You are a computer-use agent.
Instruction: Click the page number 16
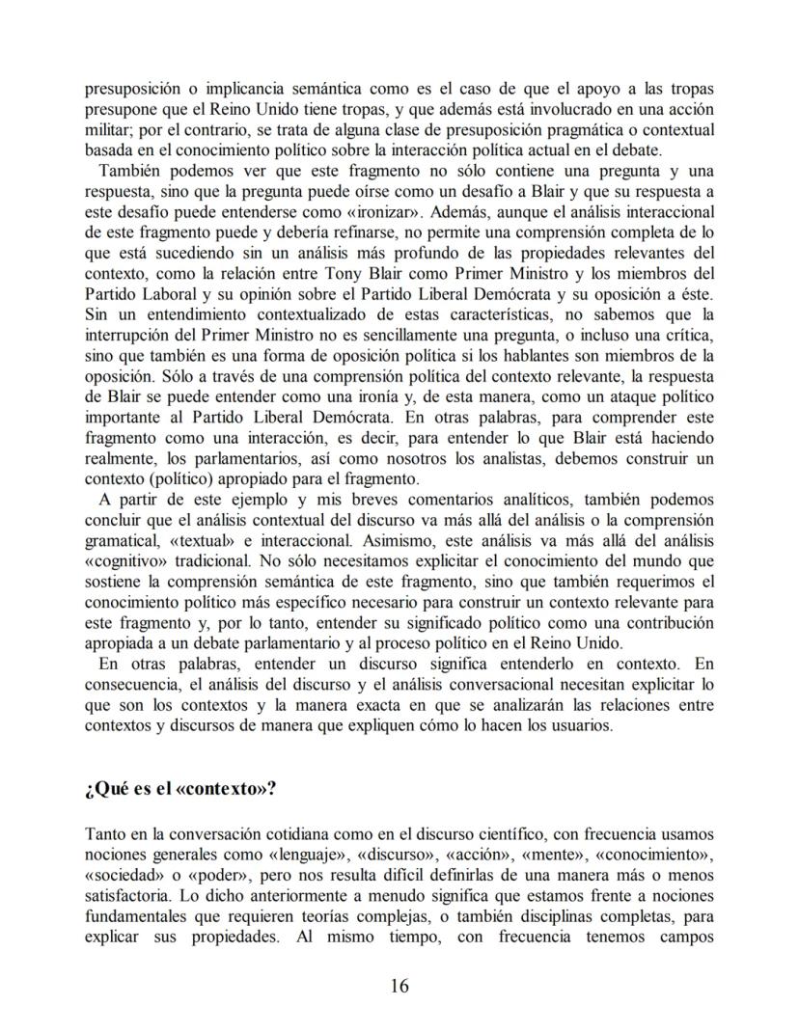pos(399,985)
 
